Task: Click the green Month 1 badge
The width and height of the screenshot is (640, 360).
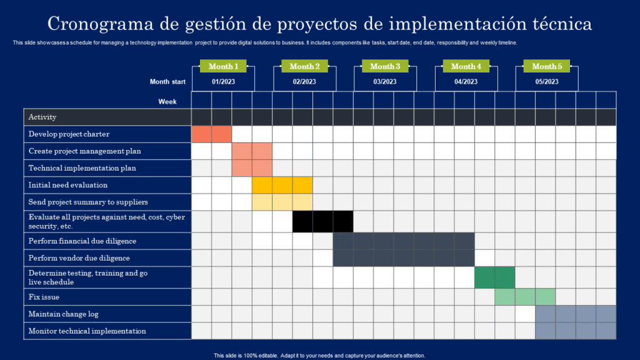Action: [x=223, y=66]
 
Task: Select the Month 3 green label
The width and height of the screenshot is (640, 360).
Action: [x=385, y=66]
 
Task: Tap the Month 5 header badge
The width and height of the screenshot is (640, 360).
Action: [x=547, y=66]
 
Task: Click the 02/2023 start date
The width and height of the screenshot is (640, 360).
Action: [x=304, y=82]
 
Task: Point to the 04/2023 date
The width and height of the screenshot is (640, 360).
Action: [x=466, y=82]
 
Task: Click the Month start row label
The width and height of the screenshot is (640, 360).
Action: [x=167, y=82]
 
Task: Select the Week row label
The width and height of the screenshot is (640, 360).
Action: [x=167, y=102]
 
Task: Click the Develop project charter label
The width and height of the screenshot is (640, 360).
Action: [x=69, y=134]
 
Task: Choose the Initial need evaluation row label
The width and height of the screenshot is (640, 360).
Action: [x=68, y=185]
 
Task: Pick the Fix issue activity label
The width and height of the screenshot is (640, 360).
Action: [x=44, y=297]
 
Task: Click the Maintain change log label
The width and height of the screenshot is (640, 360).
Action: [x=63, y=314]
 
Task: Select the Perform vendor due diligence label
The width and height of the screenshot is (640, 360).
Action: [x=79, y=258]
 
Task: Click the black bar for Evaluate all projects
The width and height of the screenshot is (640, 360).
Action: [x=323, y=222]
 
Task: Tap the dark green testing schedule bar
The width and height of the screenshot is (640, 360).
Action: [x=495, y=277]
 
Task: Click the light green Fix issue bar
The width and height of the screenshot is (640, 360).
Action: [x=525, y=297]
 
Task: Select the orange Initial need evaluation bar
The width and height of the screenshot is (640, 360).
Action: [x=282, y=185]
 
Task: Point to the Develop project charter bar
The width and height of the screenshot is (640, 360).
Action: [x=211, y=134]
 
